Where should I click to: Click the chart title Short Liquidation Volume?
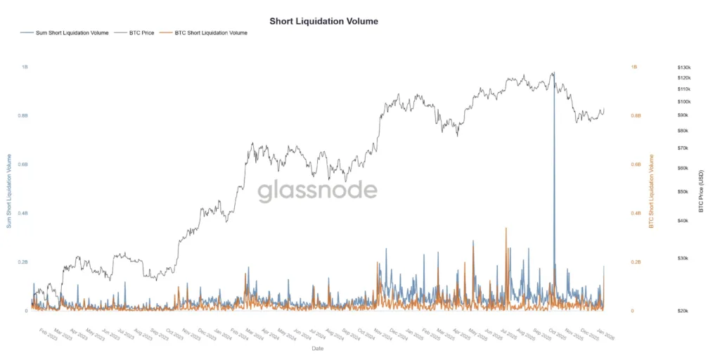323,21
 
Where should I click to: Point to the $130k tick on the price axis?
683,67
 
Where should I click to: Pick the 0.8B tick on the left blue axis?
23,115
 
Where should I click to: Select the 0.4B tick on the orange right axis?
636,213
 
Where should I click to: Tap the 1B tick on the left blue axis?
25,67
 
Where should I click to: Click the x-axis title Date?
318,348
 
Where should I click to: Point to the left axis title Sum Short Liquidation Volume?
9,190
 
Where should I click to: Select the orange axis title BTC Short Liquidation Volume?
651,190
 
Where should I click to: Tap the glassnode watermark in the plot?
316,191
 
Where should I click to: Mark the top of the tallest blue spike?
553,72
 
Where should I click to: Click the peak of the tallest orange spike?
506,228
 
